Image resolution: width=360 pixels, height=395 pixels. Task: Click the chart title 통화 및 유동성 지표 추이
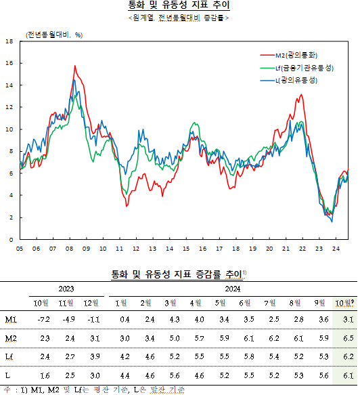click(x=179, y=5)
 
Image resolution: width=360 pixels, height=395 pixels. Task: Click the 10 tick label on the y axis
click(x=9, y=129)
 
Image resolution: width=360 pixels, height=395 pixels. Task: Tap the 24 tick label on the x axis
click(x=335, y=249)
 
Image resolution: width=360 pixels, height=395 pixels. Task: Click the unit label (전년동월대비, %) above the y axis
click(x=54, y=34)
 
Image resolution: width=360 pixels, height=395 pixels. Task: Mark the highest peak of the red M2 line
click(x=74, y=66)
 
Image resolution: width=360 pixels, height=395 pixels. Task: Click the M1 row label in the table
click(x=11, y=319)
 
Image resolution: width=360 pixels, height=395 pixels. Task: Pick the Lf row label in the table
click(x=9, y=356)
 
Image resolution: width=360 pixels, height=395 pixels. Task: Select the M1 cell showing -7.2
click(x=43, y=319)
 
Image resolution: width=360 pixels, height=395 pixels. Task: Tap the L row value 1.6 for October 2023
click(x=44, y=374)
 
